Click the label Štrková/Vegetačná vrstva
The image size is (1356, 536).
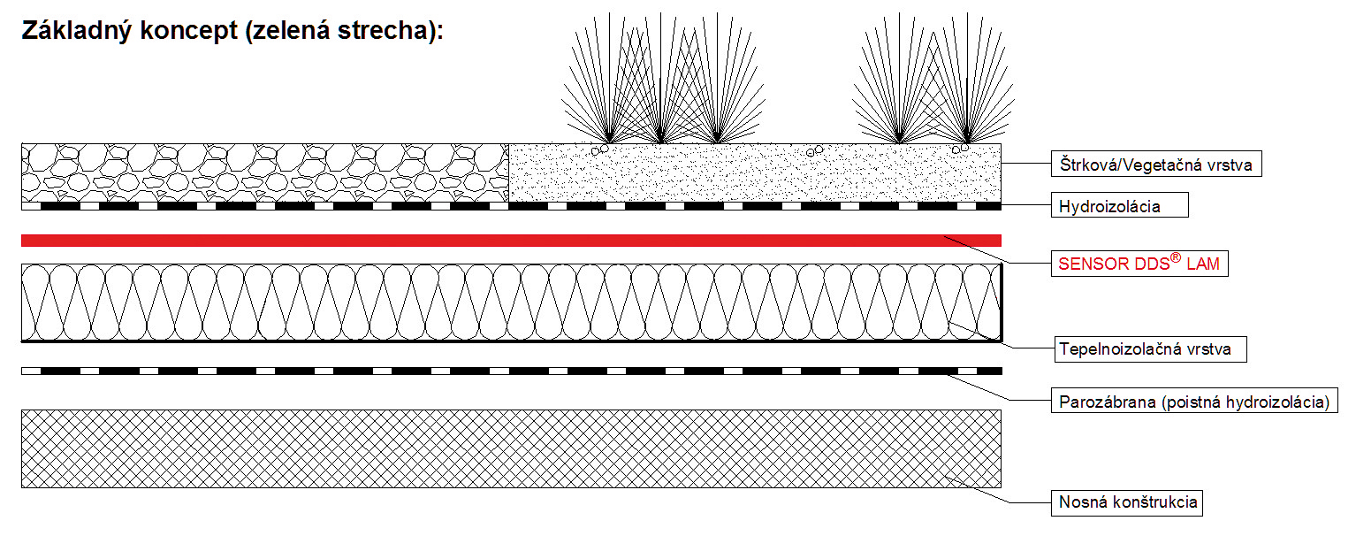point(1156,164)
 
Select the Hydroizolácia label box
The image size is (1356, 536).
point(1120,206)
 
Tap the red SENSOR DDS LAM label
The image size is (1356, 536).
point(1139,263)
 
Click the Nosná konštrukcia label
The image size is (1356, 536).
point(1128,502)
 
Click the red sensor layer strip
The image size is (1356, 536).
point(511,241)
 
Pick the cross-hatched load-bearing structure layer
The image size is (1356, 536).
point(511,448)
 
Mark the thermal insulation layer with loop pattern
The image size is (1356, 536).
point(511,302)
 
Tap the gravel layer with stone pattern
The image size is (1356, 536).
point(265,172)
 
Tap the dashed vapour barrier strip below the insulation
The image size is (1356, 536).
point(511,371)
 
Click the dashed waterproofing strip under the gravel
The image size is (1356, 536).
point(511,206)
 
